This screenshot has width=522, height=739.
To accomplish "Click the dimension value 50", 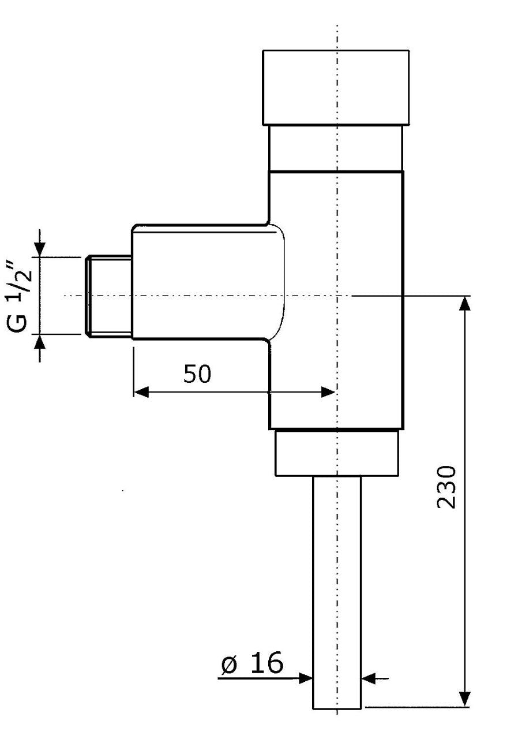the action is click(197, 374).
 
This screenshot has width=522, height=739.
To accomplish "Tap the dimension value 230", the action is click(446, 487).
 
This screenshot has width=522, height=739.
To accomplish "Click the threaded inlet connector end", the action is click(109, 296).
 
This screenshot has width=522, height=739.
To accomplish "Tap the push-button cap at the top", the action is click(336, 87).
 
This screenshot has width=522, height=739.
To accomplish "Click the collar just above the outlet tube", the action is click(337, 453).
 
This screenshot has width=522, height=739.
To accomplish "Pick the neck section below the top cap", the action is click(336, 148).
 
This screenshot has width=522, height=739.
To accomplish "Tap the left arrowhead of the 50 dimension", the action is click(141, 393).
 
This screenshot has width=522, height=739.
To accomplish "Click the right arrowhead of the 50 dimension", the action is click(328, 393).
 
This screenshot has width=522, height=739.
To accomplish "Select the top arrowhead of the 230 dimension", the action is click(465, 304).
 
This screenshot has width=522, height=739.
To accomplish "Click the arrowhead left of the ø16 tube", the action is click(305, 678).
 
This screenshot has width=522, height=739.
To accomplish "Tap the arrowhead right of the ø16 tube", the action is click(369, 678).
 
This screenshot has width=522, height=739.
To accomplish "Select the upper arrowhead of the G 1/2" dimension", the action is click(40, 249).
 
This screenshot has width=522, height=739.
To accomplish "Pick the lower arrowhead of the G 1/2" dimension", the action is click(40, 342).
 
